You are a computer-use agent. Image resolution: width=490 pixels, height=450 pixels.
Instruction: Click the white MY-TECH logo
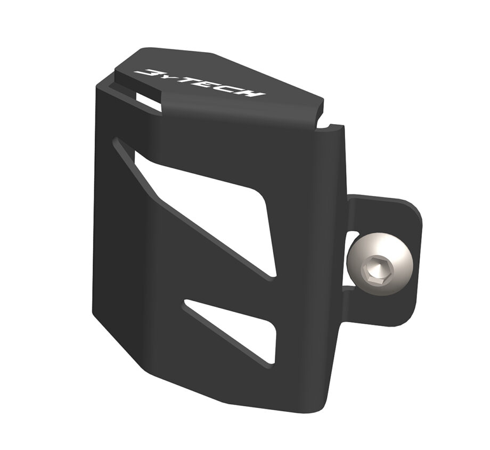click(200, 83)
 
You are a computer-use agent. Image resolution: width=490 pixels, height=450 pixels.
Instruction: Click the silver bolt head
click(380, 264)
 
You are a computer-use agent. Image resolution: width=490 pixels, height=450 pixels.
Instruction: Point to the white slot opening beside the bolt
click(349, 259)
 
